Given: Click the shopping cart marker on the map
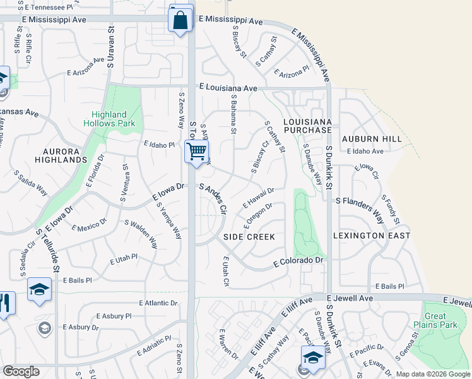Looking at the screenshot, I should [x=197, y=151].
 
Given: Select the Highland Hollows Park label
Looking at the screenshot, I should [x=109, y=119].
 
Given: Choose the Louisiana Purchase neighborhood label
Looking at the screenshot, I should [x=307, y=125].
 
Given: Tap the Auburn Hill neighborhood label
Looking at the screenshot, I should [x=372, y=138].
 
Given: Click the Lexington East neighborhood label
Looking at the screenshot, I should [x=381, y=236].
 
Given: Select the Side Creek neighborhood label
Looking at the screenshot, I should [x=249, y=236].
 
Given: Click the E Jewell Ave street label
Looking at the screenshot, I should [x=350, y=297].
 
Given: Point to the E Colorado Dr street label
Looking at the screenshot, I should [x=298, y=260].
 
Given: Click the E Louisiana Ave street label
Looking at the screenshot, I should [x=228, y=88].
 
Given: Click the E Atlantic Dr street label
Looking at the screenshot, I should [x=158, y=303].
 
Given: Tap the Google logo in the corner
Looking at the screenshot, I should [x=21, y=371].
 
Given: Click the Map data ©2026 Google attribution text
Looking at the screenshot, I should [x=433, y=374].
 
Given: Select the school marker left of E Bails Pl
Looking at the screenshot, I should [x=39, y=290].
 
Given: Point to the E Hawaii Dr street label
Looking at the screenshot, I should [x=259, y=198].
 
